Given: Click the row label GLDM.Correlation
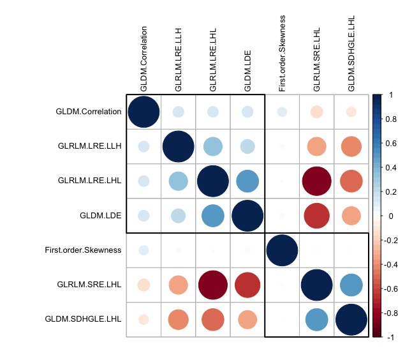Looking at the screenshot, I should (x=89, y=112).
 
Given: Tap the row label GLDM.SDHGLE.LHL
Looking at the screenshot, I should (x=84, y=319).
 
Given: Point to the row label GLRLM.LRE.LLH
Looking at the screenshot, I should (x=88, y=146).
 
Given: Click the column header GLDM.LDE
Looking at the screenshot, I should (x=247, y=71).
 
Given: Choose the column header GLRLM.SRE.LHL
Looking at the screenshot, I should (x=317, y=61).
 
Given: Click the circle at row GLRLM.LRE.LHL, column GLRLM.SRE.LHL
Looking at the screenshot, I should (x=316, y=181).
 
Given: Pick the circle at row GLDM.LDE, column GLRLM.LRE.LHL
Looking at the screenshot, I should (x=213, y=215).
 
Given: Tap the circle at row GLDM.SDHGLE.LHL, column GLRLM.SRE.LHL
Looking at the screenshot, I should (x=316, y=319).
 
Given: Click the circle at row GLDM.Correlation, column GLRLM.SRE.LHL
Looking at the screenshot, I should (x=316, y=112).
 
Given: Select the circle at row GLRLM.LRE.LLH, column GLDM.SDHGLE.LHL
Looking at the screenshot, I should (x=351, y=146).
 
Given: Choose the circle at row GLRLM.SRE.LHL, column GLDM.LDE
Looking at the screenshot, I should (x=247, y=284).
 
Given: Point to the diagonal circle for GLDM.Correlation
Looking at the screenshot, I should (x=144, y=112).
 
